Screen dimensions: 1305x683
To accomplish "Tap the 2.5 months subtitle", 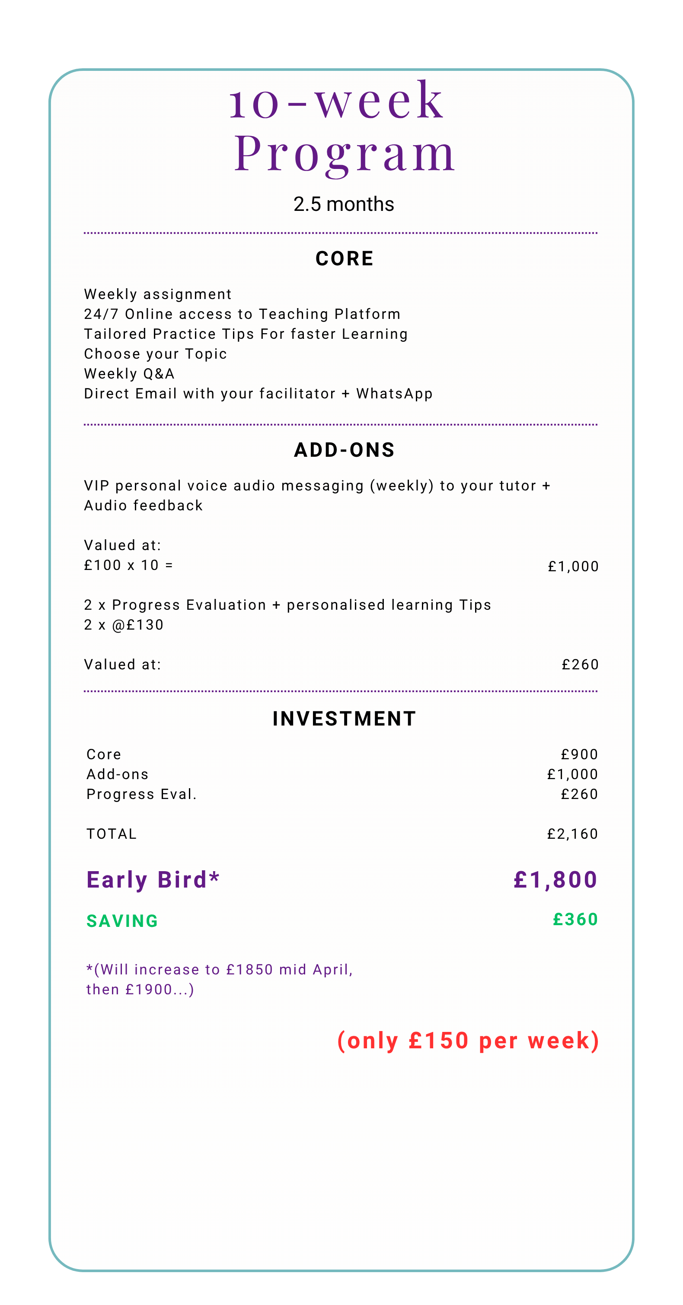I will [344, 204].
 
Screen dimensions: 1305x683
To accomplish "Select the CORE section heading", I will [344, 258].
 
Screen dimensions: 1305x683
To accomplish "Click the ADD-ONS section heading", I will [344, 450].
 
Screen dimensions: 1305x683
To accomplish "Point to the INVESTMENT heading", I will [344, 718].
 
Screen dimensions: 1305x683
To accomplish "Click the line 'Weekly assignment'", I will [158, 294].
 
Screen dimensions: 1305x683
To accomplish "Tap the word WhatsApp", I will [394, 394].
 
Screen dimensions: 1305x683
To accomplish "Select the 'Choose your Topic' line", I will [155, 353].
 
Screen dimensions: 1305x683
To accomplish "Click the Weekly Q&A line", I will [129, 374].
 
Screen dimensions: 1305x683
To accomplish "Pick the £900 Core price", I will [579, 754].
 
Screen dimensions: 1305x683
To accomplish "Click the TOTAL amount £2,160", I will [572, 834].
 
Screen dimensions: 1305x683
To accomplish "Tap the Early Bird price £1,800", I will [555, 880].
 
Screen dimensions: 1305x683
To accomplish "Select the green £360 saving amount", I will [575, 920].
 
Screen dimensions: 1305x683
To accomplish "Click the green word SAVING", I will [122, 921].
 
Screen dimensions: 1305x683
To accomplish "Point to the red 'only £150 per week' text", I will [468, 1041].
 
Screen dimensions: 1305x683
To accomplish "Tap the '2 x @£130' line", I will [124, 625].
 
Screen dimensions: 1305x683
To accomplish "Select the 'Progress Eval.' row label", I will [141, 794].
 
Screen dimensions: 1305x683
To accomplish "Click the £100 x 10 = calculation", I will [128, 565].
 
